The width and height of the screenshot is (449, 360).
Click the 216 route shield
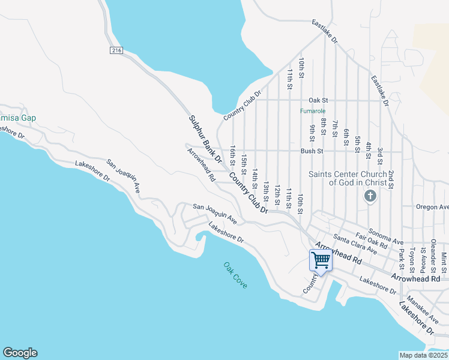116,51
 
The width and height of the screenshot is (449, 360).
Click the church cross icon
370,196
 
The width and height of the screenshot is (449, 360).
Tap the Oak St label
318,100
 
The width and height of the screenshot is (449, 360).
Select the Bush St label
312,151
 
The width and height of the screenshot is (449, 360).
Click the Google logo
19,353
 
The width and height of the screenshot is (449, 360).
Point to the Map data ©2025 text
423,355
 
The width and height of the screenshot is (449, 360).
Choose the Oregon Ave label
432,207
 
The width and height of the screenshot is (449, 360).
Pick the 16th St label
232,154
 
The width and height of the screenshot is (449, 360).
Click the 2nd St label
391,179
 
